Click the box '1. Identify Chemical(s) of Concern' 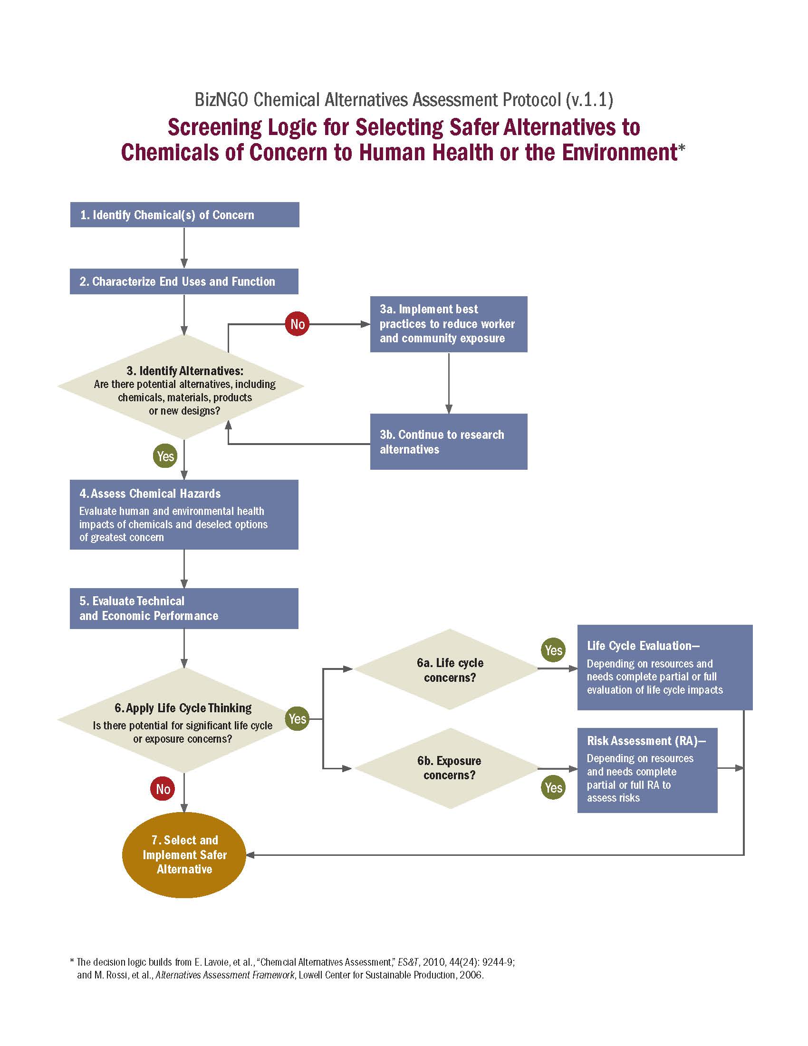184,214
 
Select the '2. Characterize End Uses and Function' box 184,281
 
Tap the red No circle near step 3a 297,324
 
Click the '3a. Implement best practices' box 448,324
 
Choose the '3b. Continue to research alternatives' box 448,441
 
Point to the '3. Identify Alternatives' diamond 182,387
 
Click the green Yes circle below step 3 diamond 165,456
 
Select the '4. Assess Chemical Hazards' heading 150,494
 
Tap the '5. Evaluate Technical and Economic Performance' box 184,608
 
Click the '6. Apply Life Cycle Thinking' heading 183,708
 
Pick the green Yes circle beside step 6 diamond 297,719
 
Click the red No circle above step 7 163,789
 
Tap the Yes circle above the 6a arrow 553,650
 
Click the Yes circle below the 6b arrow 553,787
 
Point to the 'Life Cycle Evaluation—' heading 643,646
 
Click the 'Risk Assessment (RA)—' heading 646,741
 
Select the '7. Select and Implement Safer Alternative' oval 184,854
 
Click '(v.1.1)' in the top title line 589,100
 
